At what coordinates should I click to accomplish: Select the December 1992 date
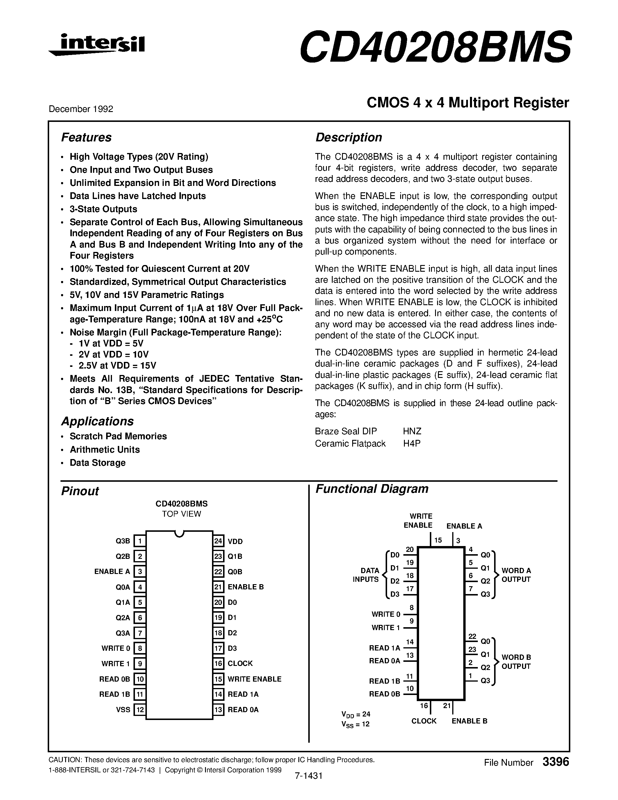pos(81,109)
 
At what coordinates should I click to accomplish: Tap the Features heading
pos(86,137)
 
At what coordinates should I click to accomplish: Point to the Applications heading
pos(97,421)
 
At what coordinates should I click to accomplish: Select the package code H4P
pos(412,444)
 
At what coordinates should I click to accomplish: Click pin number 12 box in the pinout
pos(140,710)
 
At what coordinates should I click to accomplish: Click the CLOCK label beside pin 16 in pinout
pos(240,663)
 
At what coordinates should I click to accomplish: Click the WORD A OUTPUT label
pos(516,575)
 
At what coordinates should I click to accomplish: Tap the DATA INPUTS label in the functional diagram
pos(366,575)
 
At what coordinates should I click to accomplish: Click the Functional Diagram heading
pos(372,489)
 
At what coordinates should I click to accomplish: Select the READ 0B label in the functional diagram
pos(384,694)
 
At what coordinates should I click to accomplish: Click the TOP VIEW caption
pos(181,514)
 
